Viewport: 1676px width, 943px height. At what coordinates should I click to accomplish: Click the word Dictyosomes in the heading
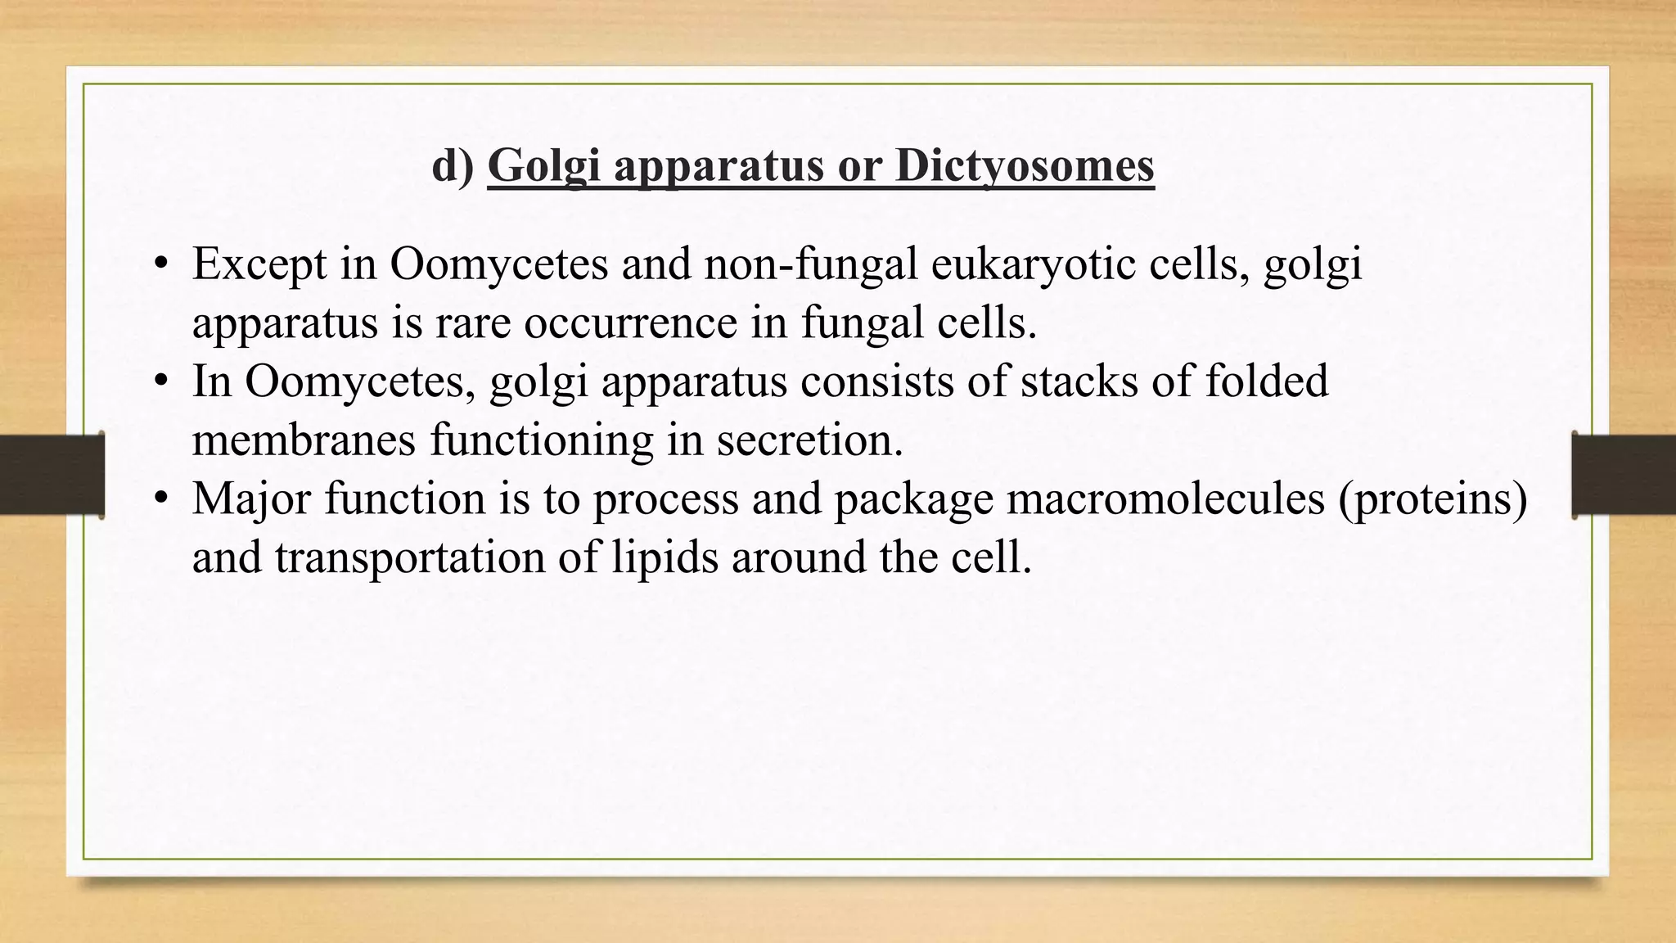tap(1025, 166)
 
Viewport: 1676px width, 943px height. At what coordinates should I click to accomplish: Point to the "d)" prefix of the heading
tap(453, 166)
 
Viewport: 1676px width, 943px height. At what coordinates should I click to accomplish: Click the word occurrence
tap(631, 323)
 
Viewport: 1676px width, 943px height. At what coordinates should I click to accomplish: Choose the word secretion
tap(810, 440)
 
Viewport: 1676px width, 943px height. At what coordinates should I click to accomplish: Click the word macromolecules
tap(1165, 499)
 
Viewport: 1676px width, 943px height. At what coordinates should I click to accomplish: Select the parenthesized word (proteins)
tap(1433, 499)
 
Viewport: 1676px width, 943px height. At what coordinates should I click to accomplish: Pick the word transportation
tap(410, 557)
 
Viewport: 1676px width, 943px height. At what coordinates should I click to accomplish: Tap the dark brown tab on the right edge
tap(1624, 475)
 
